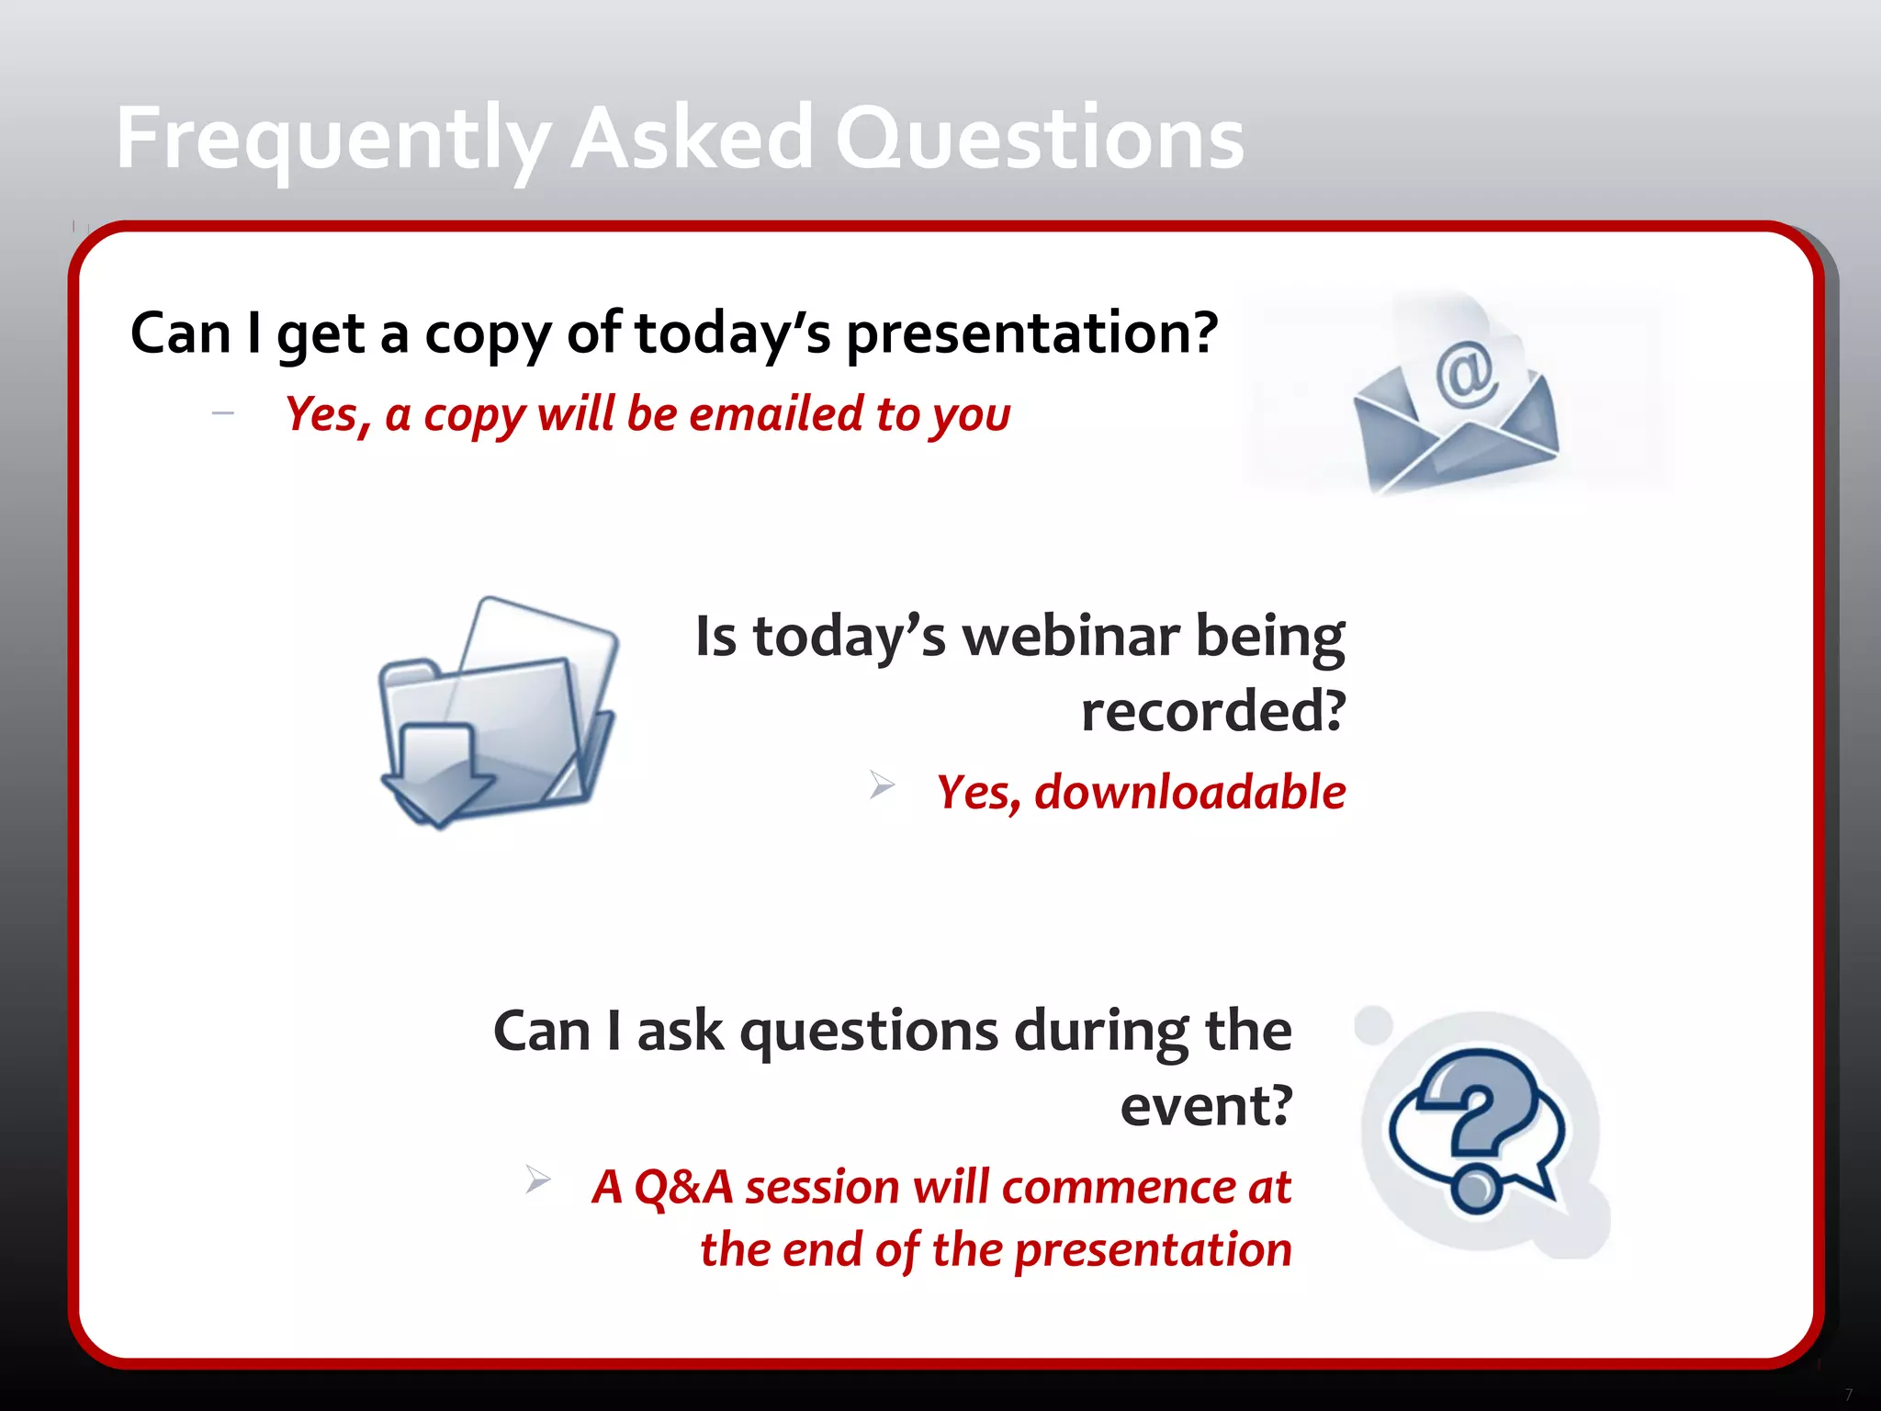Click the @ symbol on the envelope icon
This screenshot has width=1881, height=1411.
[1466, 373]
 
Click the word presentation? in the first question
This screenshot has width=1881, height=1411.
[1031, 333]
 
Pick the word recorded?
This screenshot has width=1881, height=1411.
[1212, 711]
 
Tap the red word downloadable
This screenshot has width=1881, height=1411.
[1189, 792]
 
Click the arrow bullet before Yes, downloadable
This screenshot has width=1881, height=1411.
[882, 785]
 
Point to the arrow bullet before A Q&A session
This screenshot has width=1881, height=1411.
[538, 1179]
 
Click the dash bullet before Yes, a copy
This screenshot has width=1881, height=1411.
[222, 414]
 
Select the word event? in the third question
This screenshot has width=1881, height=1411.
[1206, 1106]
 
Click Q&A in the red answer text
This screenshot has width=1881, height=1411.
[683, 1187]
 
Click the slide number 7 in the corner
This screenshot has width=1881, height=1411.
[1848, 1394]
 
